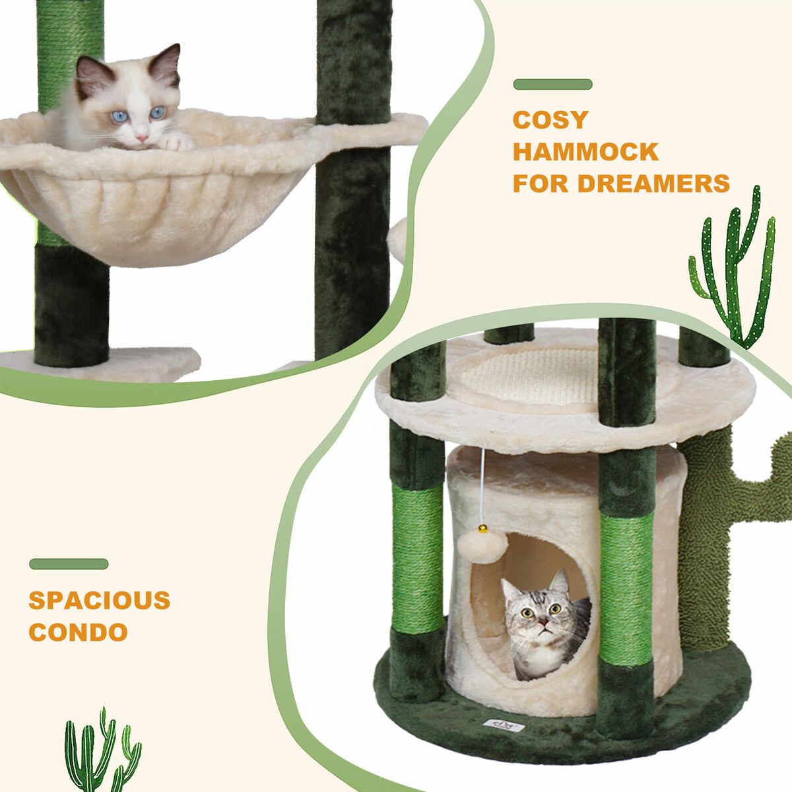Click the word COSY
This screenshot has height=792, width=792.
tap(550, 119)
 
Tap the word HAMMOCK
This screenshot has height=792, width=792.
tap(585, 151)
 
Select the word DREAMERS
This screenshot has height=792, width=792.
tap(653, 183)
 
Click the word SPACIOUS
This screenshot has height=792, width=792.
tap(99, 600)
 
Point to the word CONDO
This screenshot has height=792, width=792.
tap(78, 632)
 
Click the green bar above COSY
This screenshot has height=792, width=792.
tap(553, 84)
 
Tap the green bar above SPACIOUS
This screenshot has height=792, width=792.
tap(69, 564)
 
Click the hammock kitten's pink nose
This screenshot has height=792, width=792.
tap(142, 137)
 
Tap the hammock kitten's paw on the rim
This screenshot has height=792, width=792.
tap(177, 142)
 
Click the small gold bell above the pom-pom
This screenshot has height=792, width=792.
tap(483, 528)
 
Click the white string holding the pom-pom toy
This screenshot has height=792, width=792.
tap(483, 486)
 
